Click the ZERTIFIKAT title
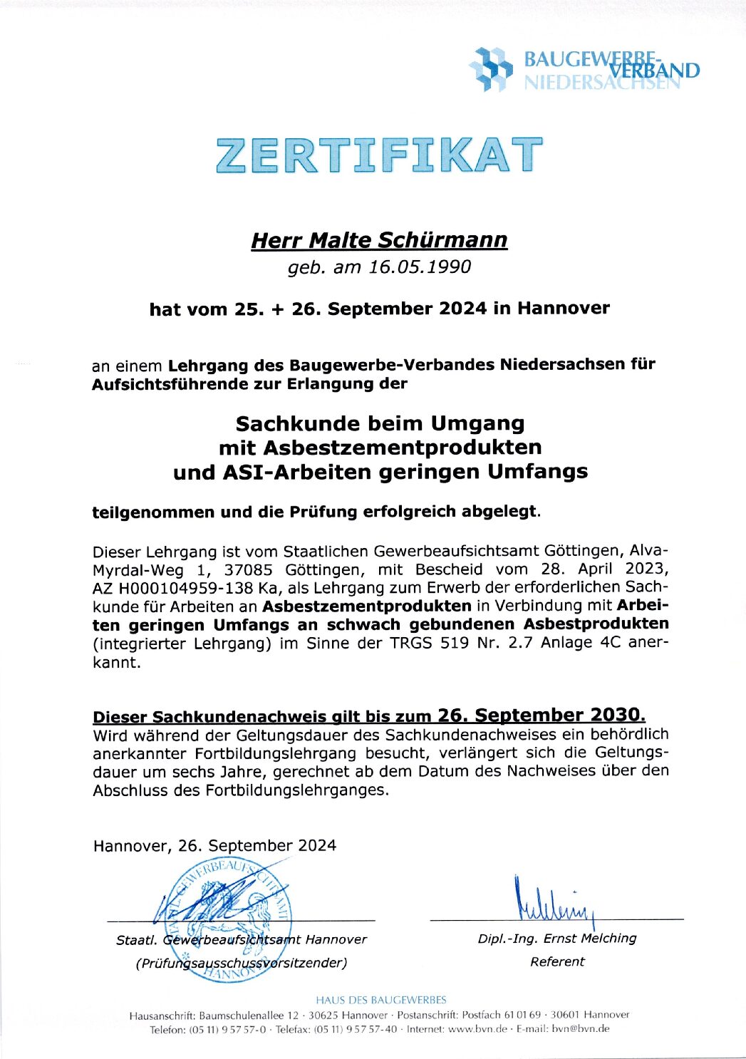pyautogui.click(x=378, y=155)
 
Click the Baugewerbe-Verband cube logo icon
pyautogui.click(x=490, y=69)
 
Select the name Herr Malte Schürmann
pyautogui.click(x=379, y=240)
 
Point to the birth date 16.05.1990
pyautogui.click(x=420, y=267)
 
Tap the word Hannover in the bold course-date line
pyautogui.click(x=563, y=309)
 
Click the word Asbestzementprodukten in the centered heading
pyautogui.click(x=403, y=448)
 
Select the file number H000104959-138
pyautogui.click(x=185, y=589)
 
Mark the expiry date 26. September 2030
pyautogui.click(x=541, y=716)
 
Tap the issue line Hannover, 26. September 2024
pyautogui.click(x=214, y=846)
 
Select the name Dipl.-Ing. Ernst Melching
pyautogui.click(x=556, y=939)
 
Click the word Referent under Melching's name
pyautogui.click(x=557, y=962)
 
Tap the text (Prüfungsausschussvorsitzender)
pyautogui.click(x=242, y=964)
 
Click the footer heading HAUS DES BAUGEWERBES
pyautogui.click(x=381, y=1000)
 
